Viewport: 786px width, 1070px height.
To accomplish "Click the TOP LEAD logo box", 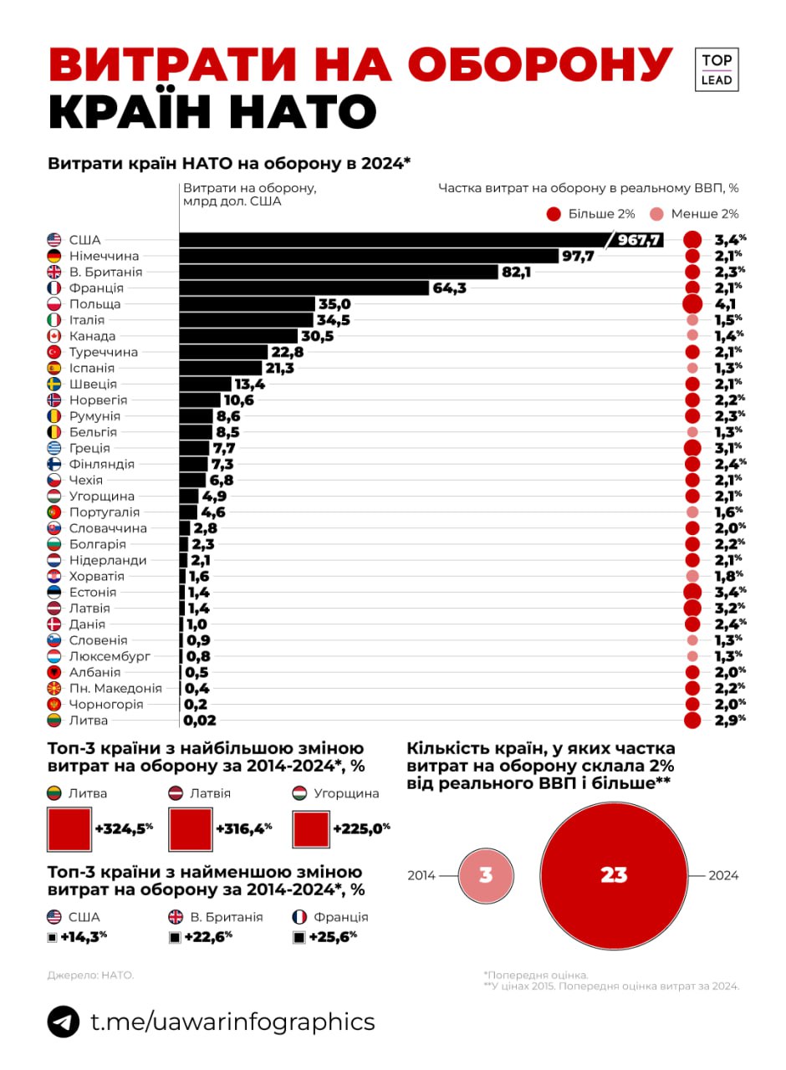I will (717, 69).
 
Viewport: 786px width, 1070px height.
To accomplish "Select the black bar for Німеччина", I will (368, 256).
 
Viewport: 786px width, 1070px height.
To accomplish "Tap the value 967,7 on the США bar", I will (640, 240).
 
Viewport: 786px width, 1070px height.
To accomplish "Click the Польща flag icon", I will (55, 304).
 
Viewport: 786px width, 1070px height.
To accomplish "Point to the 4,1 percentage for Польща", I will (725, 304).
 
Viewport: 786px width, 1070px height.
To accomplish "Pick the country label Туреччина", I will (104, 352).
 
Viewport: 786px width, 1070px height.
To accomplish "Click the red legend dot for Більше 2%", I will (553, 214).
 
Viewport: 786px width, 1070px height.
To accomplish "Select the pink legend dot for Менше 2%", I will (658, 214).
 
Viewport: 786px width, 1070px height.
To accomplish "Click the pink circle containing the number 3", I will (486, 875).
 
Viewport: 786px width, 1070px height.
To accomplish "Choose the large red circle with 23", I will (613, 875).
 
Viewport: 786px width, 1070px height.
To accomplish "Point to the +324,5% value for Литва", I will (124, 828).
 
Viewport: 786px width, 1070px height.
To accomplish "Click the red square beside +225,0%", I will (310, 828).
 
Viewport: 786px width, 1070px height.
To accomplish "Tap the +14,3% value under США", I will (84, 937).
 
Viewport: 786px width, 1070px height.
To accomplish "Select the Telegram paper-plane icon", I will (64, 1022).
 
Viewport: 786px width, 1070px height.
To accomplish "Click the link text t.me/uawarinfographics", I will (232, 1022).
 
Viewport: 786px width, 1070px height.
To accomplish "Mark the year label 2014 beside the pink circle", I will (421, 875).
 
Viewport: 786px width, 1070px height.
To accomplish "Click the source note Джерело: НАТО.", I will (90, 975).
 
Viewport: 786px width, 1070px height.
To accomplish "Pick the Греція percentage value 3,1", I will (725, 448).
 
